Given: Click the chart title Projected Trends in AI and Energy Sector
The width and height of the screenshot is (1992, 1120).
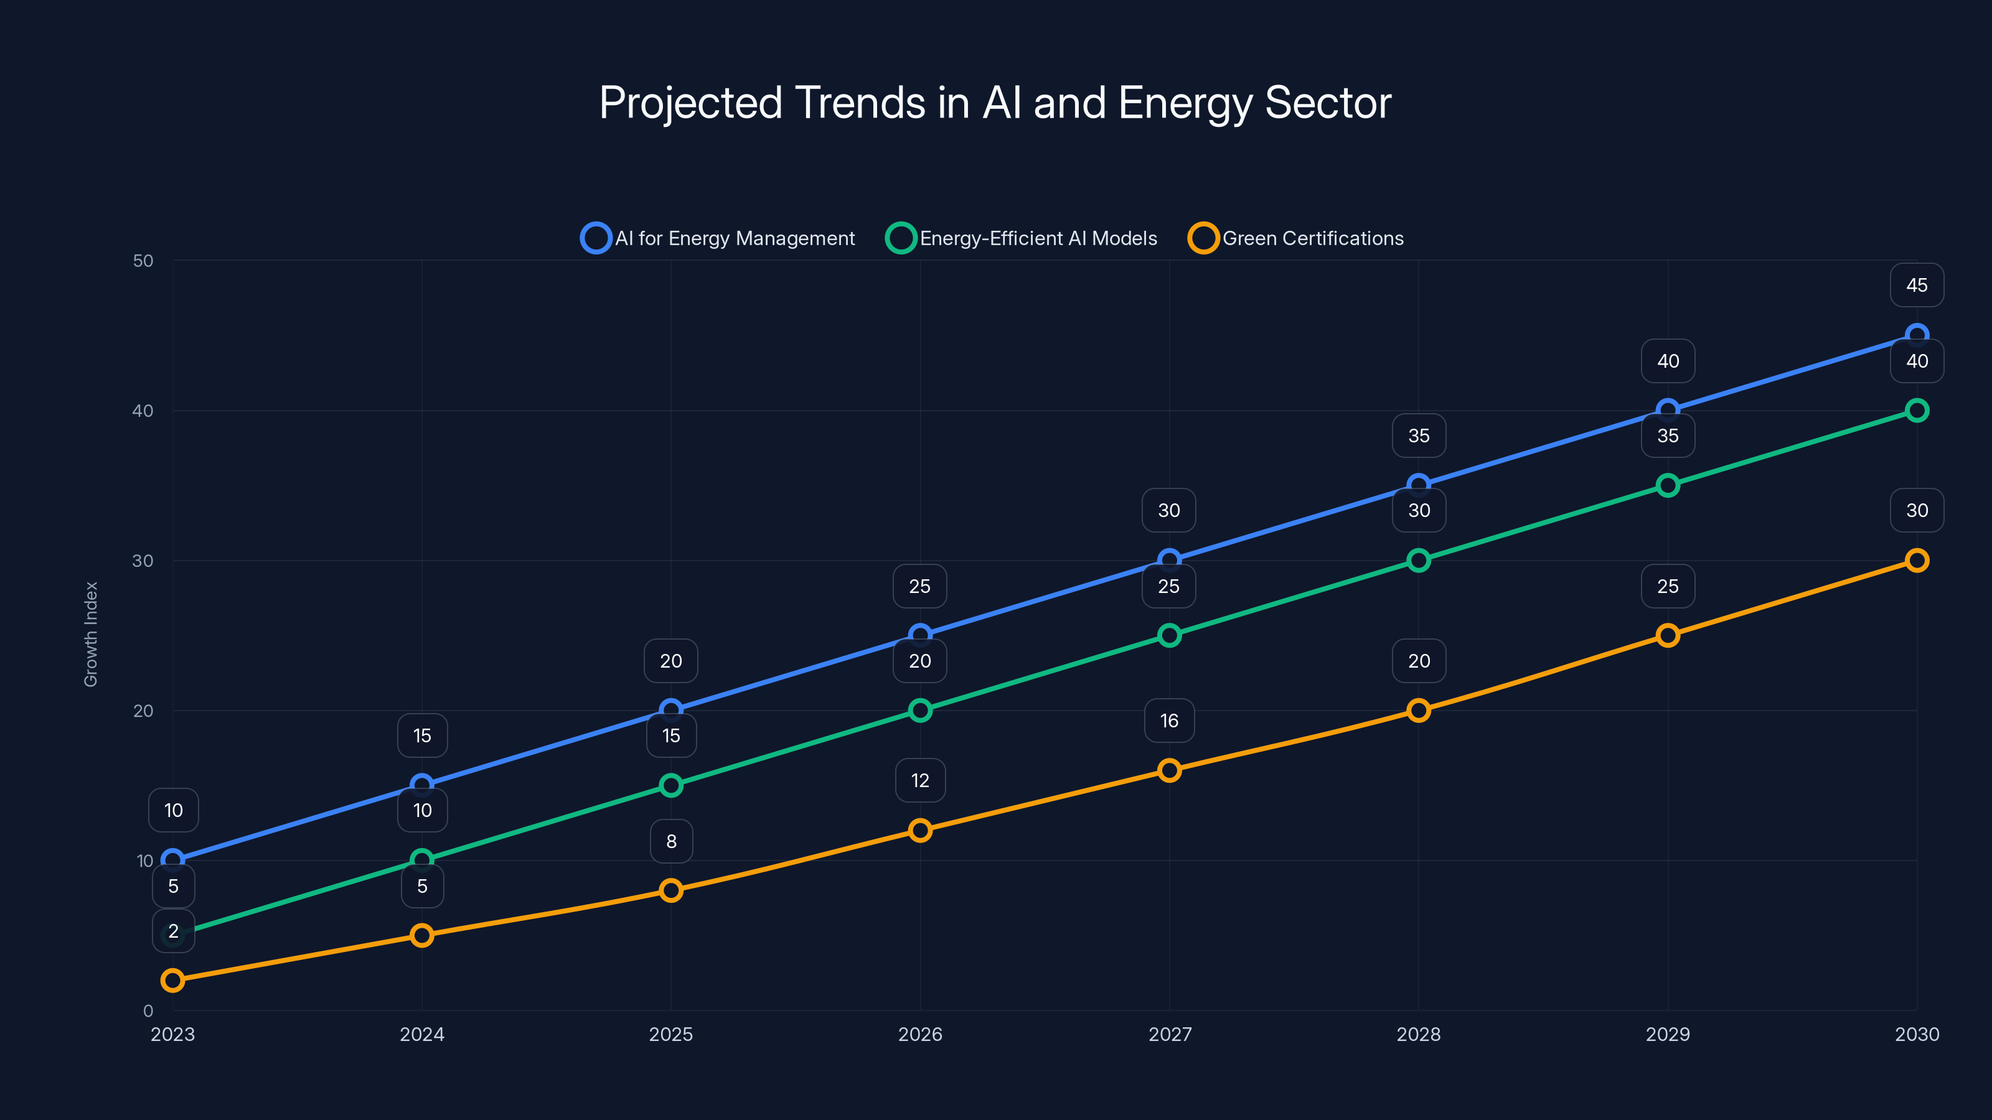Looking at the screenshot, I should pyautogui.click(x=995, y=103).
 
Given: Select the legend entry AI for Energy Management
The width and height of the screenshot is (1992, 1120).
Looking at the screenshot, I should pyautogui.click(x=718, y=238).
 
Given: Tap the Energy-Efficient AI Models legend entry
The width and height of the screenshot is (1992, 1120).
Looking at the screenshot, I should pyautogui.click(x=1022, y=238).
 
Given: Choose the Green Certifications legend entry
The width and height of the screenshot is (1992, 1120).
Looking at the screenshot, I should pyautogui.click(x=1296, y=238).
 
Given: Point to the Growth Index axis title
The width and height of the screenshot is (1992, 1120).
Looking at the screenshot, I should pyautogui.click(x=92, y=634).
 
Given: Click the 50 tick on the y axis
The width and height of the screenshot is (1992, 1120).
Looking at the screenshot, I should pyautogui.click(x=143, y=261).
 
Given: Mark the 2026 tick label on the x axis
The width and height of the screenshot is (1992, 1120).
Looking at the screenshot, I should pyautogui.click(x=919, y=1034).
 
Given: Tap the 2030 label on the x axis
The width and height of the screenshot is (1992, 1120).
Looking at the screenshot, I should pyautogui.click(x=1916, y=1034).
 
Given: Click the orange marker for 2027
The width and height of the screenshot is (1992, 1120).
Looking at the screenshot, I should pyautogui.click(x=1169, y=770).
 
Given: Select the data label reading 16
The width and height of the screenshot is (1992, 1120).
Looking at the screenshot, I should pyautogui.click(x=1169, y=721).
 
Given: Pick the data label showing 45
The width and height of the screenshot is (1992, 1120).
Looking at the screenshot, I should pyautogui.click(x=1916, y=285).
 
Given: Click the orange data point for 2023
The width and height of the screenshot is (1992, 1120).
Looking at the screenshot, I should pyautogui.click(x=172, y=980).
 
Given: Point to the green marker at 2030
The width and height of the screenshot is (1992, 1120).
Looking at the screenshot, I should pyautogui.click(x=1916, y=411).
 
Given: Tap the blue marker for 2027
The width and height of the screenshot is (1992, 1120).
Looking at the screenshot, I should pyautogui.click(x=1169, y=559).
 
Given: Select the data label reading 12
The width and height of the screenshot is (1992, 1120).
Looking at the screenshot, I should pyautogui.click(x=919, y=781).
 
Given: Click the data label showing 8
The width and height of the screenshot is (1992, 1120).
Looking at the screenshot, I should pyautogui.click(x=670, y=841).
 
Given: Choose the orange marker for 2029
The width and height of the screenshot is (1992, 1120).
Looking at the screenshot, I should pyautogui.click(x=1667, y=635).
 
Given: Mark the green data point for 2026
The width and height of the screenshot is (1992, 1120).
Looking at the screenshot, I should pyautogui.click(x=919, y=711).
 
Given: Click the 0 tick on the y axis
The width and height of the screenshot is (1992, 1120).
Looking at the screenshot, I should pyautogui.click(x=148, y=1010).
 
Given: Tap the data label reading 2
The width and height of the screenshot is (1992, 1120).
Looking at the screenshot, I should pyautogui.click(x=173, y=931).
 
